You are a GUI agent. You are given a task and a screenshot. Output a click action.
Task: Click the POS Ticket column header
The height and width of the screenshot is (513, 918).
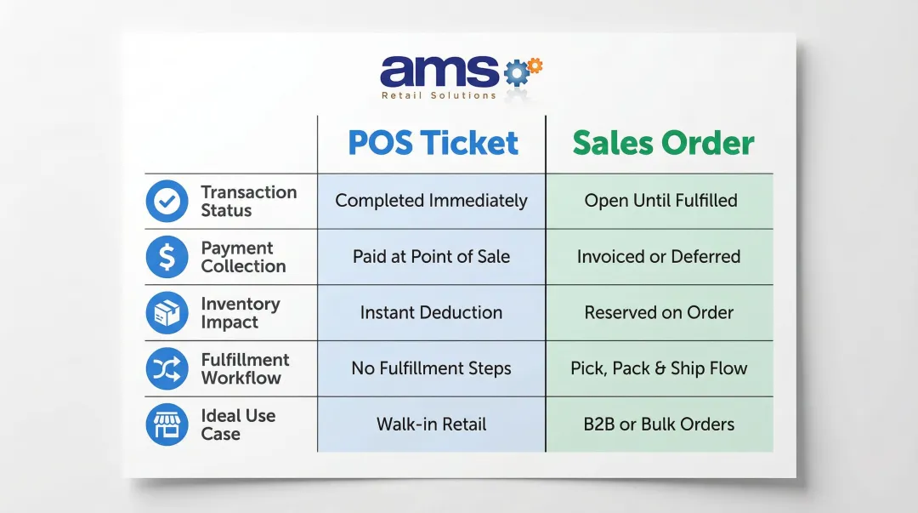pos(433,143)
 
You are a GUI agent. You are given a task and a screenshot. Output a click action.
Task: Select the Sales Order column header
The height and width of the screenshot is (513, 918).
pos(662,143)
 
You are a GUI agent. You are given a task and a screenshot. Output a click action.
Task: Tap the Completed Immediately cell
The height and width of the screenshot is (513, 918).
pos(431,201)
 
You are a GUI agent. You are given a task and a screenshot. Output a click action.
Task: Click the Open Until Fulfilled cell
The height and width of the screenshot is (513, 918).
pos(660,201)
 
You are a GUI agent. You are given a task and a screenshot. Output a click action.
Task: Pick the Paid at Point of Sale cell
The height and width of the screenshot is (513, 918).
pos(431,257)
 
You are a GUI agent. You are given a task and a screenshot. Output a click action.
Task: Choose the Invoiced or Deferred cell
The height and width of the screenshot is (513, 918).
pos(659,257)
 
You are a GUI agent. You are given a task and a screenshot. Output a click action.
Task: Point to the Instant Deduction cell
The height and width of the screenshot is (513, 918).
pos(431,313)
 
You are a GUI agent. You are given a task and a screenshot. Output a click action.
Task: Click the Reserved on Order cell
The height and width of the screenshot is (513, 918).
pos(659,313)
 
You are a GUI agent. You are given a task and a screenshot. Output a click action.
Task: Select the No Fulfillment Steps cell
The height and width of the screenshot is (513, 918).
pos(431,369)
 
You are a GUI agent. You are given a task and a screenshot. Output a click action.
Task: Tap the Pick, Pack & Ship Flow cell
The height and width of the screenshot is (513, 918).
pos(659,369)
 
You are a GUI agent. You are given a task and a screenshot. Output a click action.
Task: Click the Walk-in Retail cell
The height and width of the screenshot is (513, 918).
pos(431,425)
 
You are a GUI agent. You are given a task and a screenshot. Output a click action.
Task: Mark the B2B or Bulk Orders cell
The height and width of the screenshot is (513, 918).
pos(659,425)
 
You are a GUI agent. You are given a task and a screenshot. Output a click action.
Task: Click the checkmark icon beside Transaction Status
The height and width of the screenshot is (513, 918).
pos(167,202)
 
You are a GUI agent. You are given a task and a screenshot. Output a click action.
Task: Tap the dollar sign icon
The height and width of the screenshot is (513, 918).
pos(167,257)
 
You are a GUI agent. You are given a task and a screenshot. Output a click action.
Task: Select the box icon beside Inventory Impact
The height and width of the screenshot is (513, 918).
pos(167,313)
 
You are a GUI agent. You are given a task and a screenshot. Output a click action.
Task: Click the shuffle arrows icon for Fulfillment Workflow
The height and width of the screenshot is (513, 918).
pos(167,368)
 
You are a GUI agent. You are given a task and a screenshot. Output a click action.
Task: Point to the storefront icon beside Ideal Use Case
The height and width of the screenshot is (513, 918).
pos(167,425)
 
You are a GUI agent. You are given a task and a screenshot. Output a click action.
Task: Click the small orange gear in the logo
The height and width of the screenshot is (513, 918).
pos(535,65)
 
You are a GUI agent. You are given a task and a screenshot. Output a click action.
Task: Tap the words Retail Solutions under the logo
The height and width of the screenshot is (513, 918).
pos(439,96)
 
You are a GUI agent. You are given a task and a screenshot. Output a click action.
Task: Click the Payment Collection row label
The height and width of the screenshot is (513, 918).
pos(242,257)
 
